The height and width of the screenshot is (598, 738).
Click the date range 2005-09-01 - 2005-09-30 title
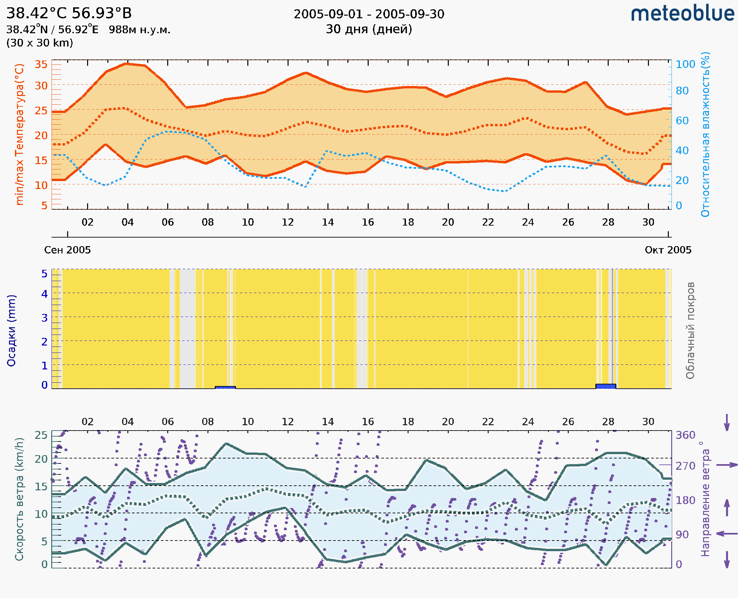[x=369, y=14]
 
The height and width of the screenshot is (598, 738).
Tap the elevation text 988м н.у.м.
[x=140, y=30]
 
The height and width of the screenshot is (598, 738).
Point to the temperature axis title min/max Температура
[x=20, y=134]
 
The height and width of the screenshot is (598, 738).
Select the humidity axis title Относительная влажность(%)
[x=705, y=134]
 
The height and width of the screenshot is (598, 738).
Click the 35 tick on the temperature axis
[x=41, y=64]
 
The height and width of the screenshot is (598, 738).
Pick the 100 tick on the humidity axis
[x=685, y=64]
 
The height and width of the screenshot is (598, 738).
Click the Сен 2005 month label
[x=67, y=250]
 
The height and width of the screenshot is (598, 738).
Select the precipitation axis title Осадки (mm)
[x=11, y=331]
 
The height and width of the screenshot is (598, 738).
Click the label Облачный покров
[x=690, y=331]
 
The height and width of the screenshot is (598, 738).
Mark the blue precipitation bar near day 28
[x=606, y=386]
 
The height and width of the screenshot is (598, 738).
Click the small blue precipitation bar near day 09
[x=225, y=387]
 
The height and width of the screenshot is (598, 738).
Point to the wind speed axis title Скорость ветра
[x=19, y=499]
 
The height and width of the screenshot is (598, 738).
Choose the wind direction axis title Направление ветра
[x=705, y=499]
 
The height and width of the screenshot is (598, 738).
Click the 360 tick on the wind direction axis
[x=685, y=435]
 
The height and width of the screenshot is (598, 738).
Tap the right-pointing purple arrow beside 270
[x=727, y=465]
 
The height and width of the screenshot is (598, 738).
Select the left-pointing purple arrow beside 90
[x=727, y=534]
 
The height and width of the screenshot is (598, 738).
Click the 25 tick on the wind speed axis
[x=41, y=435]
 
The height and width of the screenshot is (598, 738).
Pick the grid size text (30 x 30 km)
[x=40, y=43]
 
